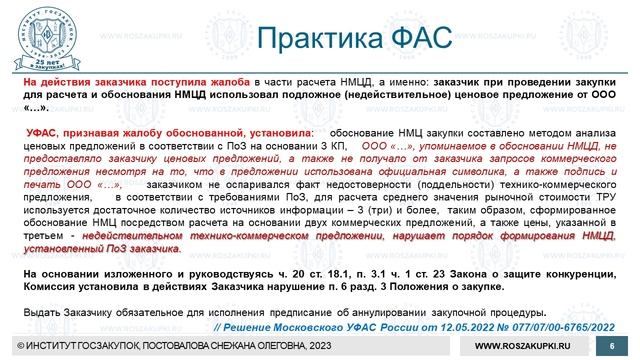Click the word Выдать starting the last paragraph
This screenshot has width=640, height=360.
click(41, 313)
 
